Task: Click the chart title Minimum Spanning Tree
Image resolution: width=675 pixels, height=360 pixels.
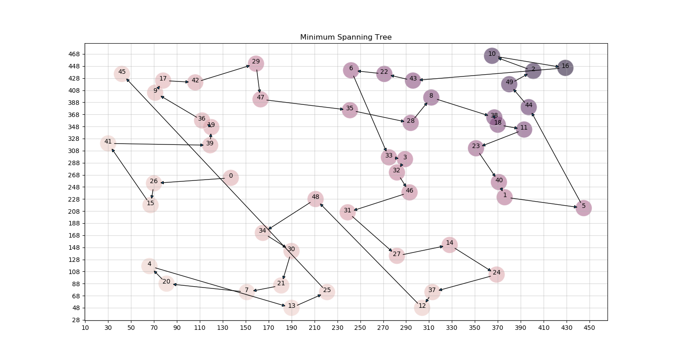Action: pyautogui.click(x=346, y=37)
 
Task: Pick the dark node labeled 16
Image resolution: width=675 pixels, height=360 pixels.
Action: pyautogui.click(x=565, y=67)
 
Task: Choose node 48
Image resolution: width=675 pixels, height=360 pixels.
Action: pyautogui.click(x=315, y=198)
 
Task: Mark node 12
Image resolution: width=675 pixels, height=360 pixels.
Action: pyautogui.click(x=422, y=307)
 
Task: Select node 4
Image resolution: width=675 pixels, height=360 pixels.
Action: pyautogui.click(x=149, y=265)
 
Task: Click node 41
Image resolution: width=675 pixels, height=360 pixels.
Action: pyautogui.click(x=108, y=143)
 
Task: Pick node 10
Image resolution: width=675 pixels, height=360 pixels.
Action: pyautogui.click(x=492, y=55)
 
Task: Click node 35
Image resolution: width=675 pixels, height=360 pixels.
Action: pyautogui.click(x=350, y=110)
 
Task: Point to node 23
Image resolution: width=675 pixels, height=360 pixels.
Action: pyautogui.click(x=476, y=148)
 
